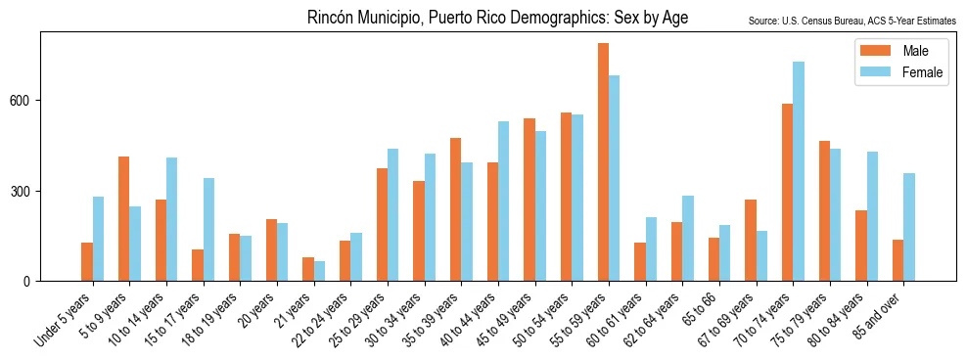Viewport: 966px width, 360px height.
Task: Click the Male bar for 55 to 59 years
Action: pos(604,162)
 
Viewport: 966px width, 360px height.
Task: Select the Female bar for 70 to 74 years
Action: pos(799,171)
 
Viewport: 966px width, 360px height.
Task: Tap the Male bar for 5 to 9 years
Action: pos(124,219)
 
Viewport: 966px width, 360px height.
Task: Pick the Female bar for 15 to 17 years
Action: pos(208,230)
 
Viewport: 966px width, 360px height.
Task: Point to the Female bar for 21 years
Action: pos(319,271)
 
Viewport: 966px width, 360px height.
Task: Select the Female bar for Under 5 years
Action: pos(98,239)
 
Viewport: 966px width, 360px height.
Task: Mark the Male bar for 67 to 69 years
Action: pos(751,241)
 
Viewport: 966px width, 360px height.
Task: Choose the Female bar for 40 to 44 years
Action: pos(503,202)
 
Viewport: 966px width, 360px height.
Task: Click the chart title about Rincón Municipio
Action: pos(497,18)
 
